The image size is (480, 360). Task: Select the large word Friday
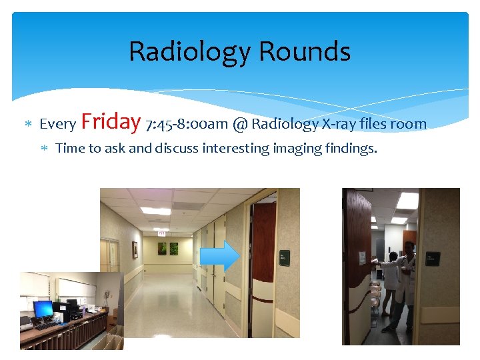(x=110, y=121)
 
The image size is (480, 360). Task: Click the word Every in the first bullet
(x=58, y=125)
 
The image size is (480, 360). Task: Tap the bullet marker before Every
(x=28, y=125)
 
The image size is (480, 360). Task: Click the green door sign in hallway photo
(x=284, y=257)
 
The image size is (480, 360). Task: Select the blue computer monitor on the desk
(x=43, y=309)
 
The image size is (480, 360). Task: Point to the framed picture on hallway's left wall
(x=135, y=249)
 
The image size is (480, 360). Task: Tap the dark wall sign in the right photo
(x=433, y=259)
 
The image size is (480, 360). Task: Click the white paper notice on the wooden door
(x=362, y=259)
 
